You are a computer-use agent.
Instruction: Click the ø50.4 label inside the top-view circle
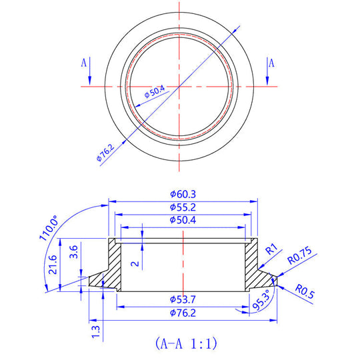tap(155, 93)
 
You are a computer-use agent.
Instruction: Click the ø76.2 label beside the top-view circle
tap(107, 151)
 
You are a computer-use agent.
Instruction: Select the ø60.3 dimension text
tap(182, 194)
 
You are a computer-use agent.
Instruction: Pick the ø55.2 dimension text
tap(182, 207)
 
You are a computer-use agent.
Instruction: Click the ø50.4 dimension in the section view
tap(182, 220)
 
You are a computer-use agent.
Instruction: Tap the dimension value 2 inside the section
tap(136, 263)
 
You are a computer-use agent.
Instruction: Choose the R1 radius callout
tap(271, 250)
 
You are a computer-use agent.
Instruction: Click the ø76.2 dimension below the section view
tap(182, 312)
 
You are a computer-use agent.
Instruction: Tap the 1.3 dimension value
tap(97, 329)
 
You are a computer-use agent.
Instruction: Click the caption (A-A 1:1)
tap(185, 344)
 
